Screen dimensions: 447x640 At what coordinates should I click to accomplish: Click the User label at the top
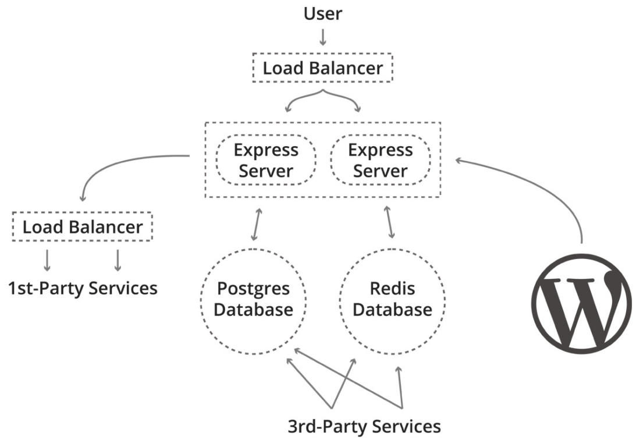click(x=323, y=13)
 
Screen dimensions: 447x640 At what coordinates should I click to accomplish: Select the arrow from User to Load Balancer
click(x=323, y=37)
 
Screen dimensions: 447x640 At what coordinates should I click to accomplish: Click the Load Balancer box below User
click(x=323, y=68)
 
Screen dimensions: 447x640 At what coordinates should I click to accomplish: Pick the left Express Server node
click(x=266, y=161)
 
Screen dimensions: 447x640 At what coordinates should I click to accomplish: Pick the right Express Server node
click(x=380, y=161)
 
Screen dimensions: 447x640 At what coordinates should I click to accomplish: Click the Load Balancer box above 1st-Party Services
click(x=82, y=226)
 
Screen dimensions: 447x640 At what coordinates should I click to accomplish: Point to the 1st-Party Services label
click(x=82, y=288)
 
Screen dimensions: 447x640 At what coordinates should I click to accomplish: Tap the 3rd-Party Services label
click(x=364, y=426)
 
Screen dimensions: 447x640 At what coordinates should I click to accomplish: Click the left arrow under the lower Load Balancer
click(x=47, y=260)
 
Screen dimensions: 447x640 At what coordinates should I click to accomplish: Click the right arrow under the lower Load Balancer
click(x=118, y=260)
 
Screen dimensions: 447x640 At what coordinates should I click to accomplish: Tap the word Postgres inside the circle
click(x=253, y=289)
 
